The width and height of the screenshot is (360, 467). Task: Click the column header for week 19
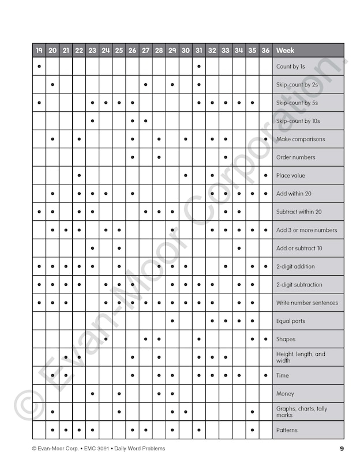click(x=39, y=50)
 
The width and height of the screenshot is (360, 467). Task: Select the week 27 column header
click(x=145, y=50)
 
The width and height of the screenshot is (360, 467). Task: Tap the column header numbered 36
click(x=265, y=50)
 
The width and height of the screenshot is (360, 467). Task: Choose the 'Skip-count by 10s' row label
click(x=298, y=121)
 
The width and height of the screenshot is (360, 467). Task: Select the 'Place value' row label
click(x=291, y=175)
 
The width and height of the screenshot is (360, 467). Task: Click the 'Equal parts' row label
click(x=291, y=321)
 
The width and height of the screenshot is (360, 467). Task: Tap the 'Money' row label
click(x=285, y=394)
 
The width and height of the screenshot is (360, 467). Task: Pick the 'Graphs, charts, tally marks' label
click(x=301, y=412)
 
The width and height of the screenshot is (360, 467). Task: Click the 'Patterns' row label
click(x=287, y=430)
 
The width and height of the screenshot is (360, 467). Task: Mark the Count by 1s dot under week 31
click(x=198, y=66)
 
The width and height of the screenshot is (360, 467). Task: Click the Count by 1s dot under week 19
click(x=39, y=66)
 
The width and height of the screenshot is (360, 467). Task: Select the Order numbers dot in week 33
click(x=226, y=157)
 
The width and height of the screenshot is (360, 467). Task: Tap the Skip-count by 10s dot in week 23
click(x=92, y=121)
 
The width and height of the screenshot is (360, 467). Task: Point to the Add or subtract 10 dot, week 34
click(x=239, y=248)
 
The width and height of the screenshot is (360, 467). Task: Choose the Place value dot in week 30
click(x=185, y=175)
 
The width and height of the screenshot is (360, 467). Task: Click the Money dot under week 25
click(x=119, y=394)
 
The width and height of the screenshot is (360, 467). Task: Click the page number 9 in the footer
click(x=342, y=449)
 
